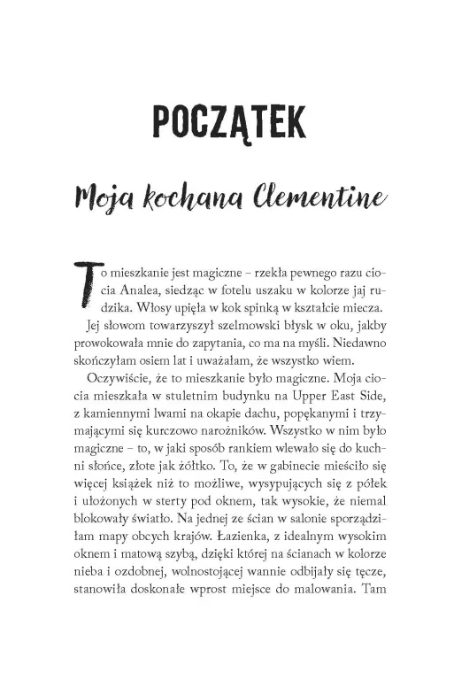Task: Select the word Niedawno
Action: tap(350, 350)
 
